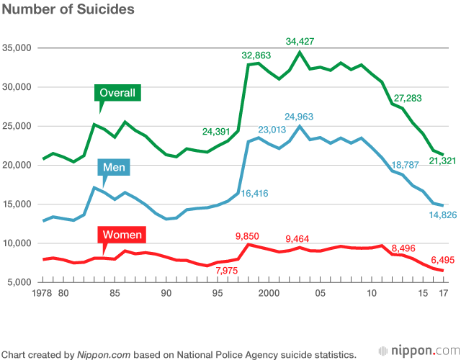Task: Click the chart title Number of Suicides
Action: tap(67, 11)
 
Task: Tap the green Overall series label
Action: tap(117, 93)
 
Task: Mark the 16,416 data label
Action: tap(258, 194)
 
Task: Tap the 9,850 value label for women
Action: tap(252, 235)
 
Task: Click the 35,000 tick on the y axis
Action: tap(17, 48)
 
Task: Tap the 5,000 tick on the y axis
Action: tap(20, 282)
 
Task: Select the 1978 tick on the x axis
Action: tap(45, 294)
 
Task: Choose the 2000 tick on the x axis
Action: tap(269, 294)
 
